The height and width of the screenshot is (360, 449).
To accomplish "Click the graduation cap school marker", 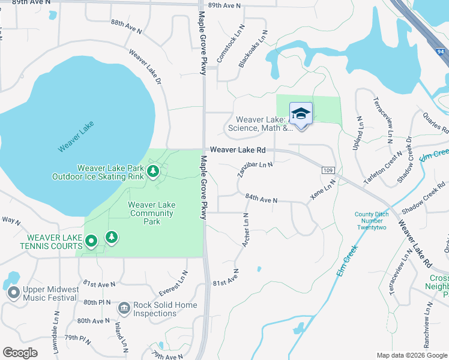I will coord(301,113).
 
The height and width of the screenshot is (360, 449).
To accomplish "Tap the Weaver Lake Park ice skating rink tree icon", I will coord(153,172).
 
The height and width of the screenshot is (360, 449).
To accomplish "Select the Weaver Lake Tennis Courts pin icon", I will coord(91,241).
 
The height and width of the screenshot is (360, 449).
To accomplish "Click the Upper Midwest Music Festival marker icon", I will coord(13,293).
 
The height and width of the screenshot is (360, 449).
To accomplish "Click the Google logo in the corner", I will coord(20,352).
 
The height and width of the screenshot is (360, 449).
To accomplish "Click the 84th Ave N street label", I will coord(261,198).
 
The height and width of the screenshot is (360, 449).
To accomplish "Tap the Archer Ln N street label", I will coord(245,229).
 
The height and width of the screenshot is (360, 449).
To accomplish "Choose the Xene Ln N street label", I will coord(322,192).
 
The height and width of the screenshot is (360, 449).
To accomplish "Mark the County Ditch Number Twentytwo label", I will coord(372,221).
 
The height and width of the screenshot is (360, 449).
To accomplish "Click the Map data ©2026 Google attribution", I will coord(411,355).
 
